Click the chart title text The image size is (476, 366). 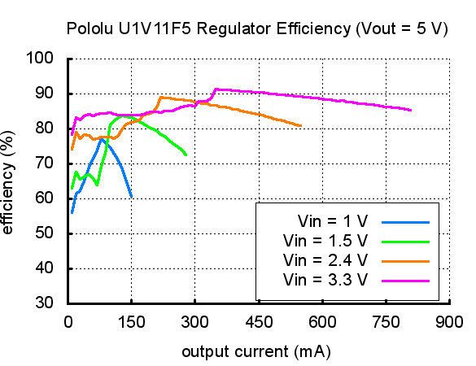pos(257,28)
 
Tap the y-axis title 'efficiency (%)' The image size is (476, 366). pos(9,187)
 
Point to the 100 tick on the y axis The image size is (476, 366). pos(41,59)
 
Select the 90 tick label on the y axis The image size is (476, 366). pos(45,94)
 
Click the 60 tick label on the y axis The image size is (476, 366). pos(45,198)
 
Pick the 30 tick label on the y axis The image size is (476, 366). pos(45,303)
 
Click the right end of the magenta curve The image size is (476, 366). pos(411,110)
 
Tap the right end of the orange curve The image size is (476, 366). pos(301,126)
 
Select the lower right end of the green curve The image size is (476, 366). pos(186,155)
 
